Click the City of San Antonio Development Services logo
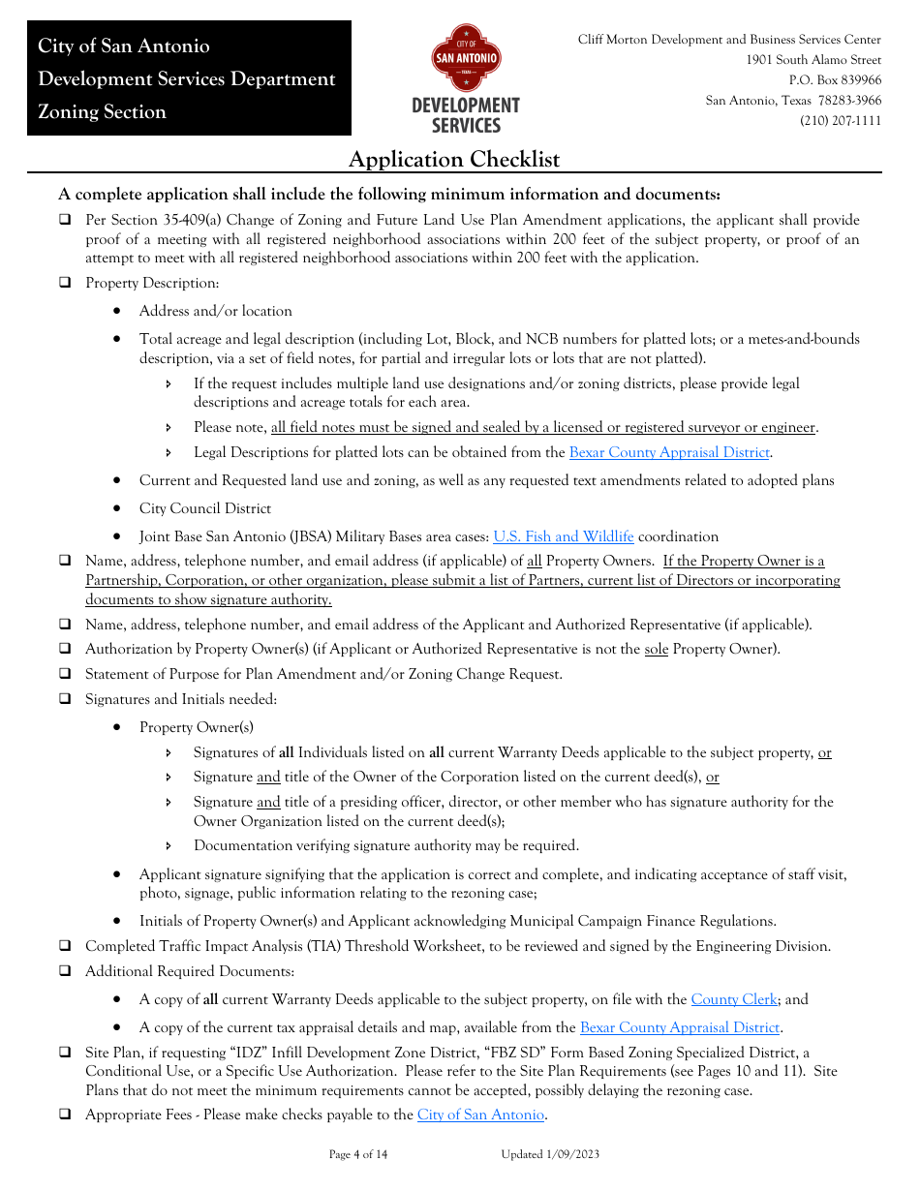[466, 79]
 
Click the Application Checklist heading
[453, 160]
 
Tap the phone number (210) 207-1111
[841, 121]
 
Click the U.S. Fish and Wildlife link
[564, 536]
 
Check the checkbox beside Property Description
[65, 284]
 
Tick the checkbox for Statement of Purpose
[65, 674]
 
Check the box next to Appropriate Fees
[65, 1115]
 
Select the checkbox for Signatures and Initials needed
[65, 699]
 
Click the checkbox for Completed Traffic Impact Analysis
[65, 946]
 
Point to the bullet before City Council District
[117, 509]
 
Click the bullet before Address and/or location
[117, 312]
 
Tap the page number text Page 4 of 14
[358, 1154]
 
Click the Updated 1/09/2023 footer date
[550, 1154]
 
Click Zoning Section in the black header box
[102, 112]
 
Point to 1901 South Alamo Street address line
[813, 60]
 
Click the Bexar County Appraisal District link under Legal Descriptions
[669, 452]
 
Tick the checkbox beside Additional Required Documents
[65, 971]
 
